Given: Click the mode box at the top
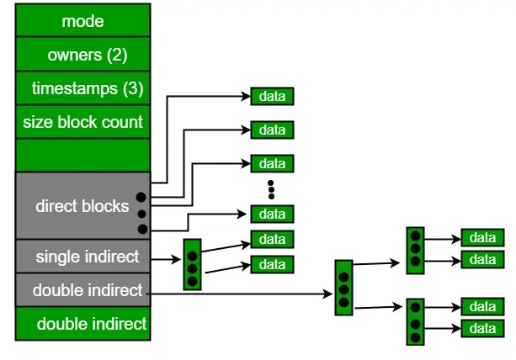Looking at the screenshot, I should pos(82,20).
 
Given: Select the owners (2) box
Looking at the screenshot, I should pos(82,55).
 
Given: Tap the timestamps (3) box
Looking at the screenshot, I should pos(82,88).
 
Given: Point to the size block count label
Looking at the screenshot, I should pos(82,122).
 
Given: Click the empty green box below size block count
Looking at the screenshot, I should pos(82,156).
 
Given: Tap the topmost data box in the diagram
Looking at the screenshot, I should pos(272,96).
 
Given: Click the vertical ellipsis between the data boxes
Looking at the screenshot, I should pos(272,188).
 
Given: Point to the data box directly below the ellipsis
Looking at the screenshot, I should pos(272,214).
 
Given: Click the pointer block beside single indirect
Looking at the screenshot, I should pos(193,264).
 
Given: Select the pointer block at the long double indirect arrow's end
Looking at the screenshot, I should pos(343,288).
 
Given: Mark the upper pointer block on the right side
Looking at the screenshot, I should pos(414,251).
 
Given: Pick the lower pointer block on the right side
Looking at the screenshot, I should pos(414,320).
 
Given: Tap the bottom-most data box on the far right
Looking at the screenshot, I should pos(482,329).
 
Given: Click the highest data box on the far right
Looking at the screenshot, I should pos(482,238).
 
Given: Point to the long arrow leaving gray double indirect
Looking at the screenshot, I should pos(244,294).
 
